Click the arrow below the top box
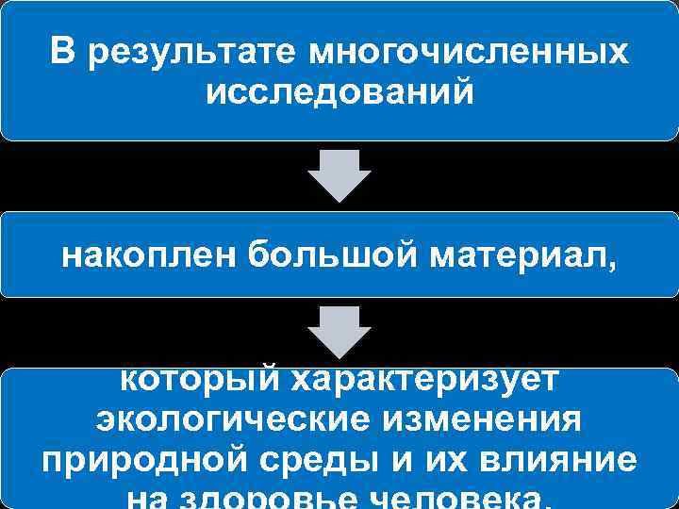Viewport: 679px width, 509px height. tap(339, 174)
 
